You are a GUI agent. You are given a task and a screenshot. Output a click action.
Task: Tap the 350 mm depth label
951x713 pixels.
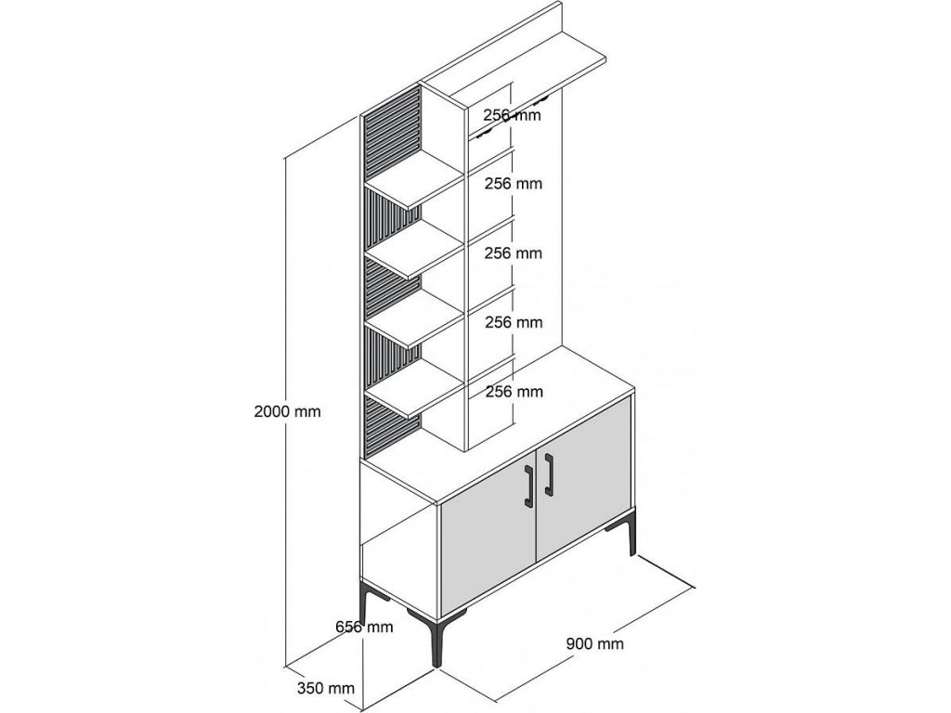point(326,688)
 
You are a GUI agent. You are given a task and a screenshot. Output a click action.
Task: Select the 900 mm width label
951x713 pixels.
point(594,642)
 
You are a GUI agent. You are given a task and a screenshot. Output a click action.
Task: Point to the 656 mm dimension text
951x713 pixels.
point(364,627)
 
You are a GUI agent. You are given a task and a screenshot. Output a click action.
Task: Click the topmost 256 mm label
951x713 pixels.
point(513,115)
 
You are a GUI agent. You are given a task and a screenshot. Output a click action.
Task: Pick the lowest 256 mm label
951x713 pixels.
point(514,392)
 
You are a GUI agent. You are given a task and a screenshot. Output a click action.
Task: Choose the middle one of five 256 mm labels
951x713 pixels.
point(514,253)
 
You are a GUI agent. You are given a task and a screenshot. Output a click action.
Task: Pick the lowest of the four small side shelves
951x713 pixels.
point(415,395)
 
